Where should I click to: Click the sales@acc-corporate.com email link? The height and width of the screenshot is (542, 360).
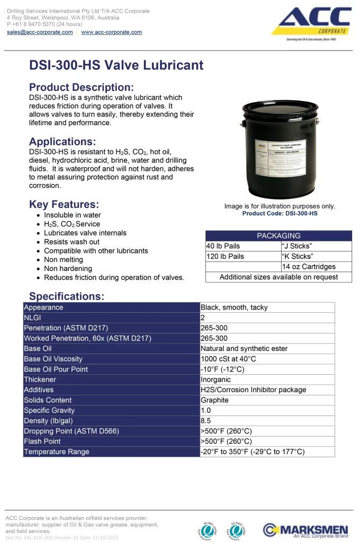(40, 32)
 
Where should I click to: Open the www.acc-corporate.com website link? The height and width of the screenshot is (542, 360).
(111, 32)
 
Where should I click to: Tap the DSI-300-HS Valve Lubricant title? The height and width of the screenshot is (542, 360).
(116, 65)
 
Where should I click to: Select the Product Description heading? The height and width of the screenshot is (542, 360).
(81, 87)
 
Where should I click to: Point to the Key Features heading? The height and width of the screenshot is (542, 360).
(64, 204)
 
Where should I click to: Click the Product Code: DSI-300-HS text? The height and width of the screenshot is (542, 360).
(280, 213)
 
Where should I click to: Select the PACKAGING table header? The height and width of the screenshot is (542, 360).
(278, 236)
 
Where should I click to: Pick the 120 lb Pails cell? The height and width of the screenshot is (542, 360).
(225, 256)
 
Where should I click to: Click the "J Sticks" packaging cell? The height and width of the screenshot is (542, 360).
(297, 246)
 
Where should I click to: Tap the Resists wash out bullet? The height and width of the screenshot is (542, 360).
(71, 242)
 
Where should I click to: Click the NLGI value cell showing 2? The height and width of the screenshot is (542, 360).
(203, 318)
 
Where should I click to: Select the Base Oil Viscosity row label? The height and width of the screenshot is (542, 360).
(53, 359)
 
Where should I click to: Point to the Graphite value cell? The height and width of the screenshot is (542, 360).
(214, 400)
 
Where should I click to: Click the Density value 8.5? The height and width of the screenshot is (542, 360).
(206, 421)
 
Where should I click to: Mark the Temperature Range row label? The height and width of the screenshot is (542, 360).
(57, 451)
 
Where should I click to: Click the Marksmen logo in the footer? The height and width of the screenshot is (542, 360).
(305, 530)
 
